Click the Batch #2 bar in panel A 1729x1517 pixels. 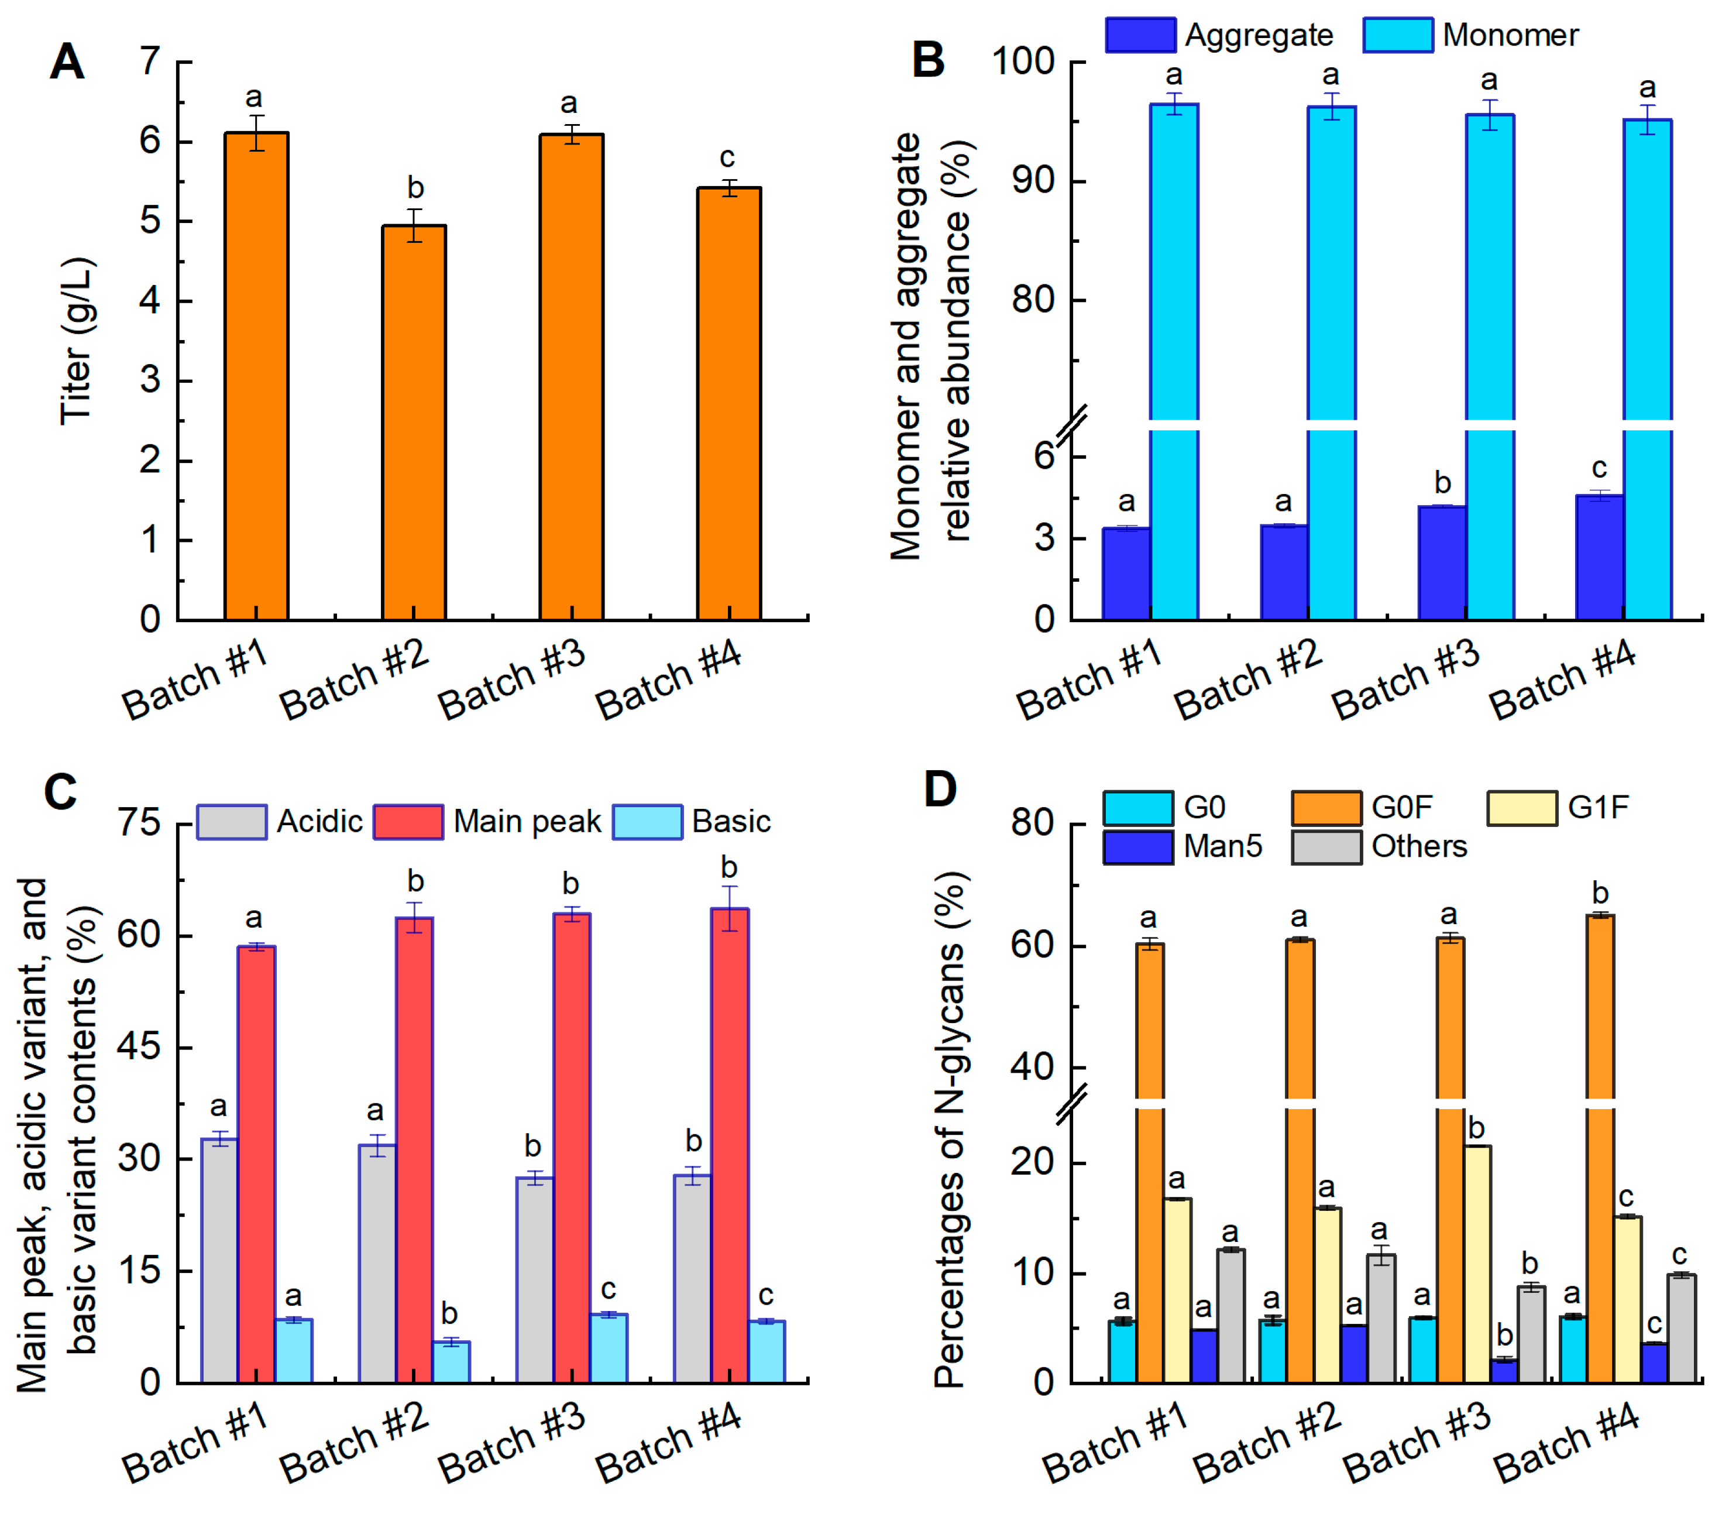[x=414, y=423]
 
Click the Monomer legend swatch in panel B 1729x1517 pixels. [x=1397, y=35]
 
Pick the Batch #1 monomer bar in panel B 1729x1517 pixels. [x=1173, y=254]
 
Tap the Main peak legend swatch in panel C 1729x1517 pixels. [x=408, y=822]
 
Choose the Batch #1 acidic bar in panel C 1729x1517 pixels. [x=219, y=1261]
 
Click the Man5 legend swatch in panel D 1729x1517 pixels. [x=1137, y=847]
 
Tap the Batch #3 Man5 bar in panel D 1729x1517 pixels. [x=1504, y=1371]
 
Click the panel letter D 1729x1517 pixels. [x=940, y=790]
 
